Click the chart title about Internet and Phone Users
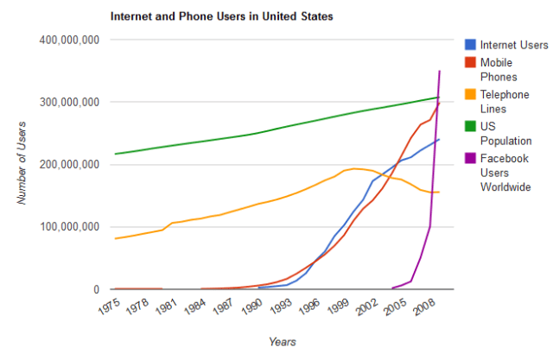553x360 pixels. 219,16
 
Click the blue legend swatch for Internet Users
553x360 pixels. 470,45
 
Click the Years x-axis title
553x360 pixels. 283,342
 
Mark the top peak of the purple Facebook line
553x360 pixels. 440,71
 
